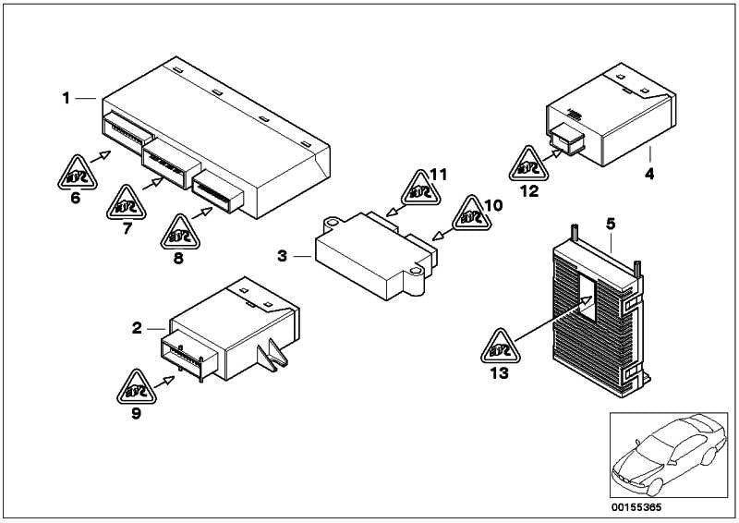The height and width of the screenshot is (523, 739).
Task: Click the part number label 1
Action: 66,97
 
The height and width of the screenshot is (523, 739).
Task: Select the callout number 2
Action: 137,328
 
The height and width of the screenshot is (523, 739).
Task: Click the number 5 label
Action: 611,223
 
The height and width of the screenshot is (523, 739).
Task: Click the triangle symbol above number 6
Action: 78,171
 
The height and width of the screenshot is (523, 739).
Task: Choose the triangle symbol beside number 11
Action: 416,190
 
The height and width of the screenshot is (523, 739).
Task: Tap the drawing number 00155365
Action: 637,507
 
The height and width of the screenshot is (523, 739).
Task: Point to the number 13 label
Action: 499,373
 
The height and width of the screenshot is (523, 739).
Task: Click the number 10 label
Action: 492,204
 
